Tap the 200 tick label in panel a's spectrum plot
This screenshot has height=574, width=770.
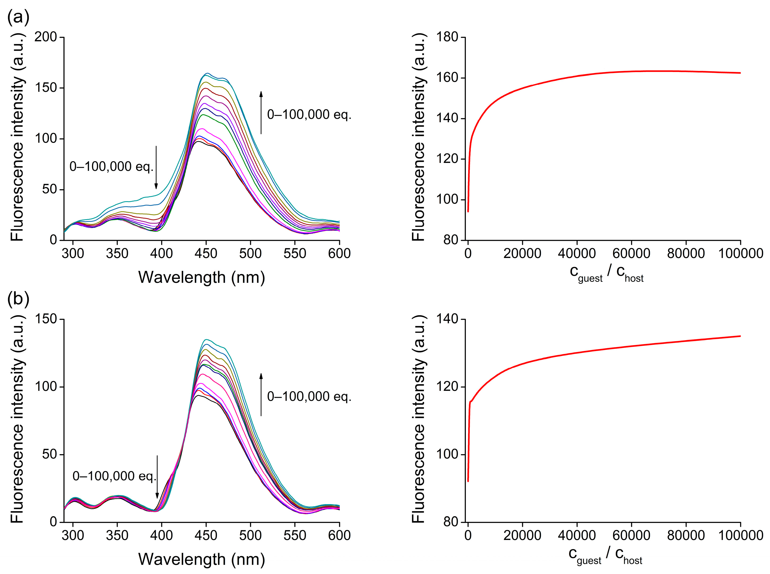click(45, 37)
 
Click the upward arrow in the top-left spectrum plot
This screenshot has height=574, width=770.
click(261, 112)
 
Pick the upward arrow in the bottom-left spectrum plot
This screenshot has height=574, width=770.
click(261, 394)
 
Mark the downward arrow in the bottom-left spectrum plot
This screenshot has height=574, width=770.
click(157, 477)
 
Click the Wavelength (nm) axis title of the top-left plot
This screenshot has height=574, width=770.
click(201, 277)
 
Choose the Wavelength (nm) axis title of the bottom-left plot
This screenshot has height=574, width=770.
click(201, 559)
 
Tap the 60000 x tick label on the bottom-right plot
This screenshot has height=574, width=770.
click(631, 535)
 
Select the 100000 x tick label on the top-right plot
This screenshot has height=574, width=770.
click(740, 253)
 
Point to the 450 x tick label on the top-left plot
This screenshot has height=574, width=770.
click(206, 253)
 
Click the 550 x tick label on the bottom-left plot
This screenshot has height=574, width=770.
click(295, 535)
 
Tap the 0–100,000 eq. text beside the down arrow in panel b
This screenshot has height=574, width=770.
click(114, 476)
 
